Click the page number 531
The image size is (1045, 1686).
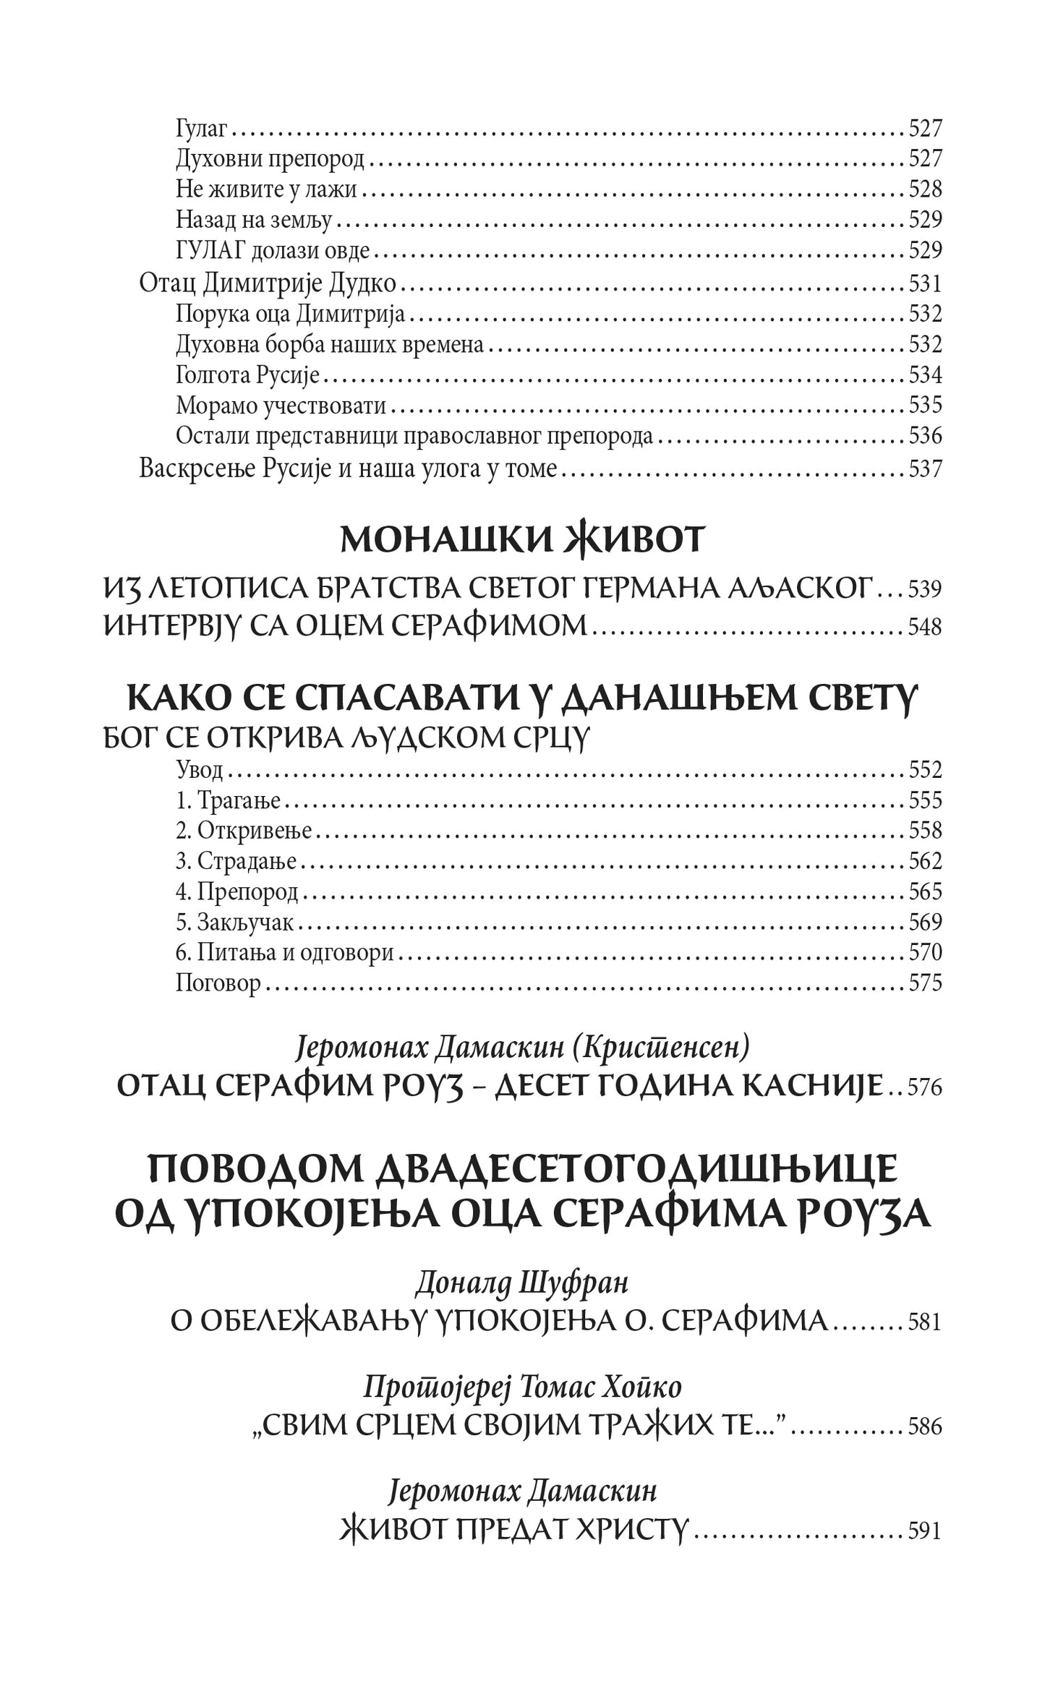(925, 283)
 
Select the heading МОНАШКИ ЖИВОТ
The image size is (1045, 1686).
(521, 541)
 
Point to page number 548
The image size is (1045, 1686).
(925, 627)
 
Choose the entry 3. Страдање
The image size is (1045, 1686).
(236, 862)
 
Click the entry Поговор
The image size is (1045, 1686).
(218, 983)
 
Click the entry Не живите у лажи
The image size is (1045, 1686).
(268, 189)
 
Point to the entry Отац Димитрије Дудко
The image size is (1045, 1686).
(268, 283)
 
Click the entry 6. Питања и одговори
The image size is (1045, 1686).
(284, 953)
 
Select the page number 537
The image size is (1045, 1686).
(925, 469)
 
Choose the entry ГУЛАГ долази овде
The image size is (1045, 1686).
(273, 251)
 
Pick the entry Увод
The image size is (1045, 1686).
(199, 770)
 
